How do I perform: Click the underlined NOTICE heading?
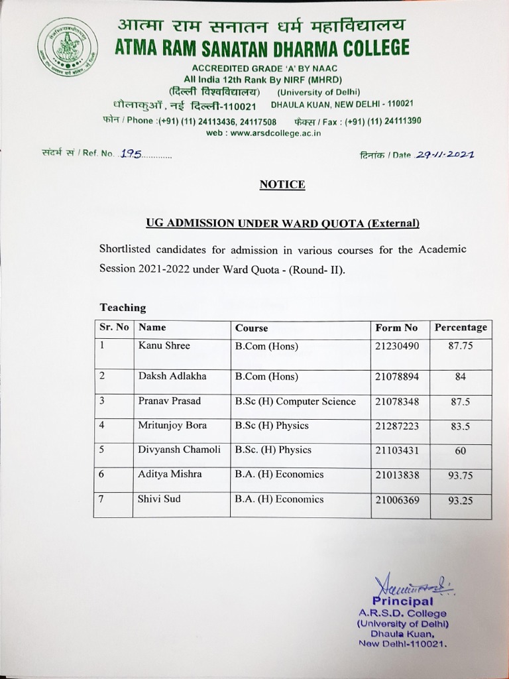(282, 184)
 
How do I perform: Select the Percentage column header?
(460, 328)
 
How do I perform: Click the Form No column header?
(396, 328)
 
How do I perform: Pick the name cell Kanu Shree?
(164, 345)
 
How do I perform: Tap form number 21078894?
(397, 376)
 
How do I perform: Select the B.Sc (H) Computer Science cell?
(295, 401)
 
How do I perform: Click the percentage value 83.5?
(460, 427)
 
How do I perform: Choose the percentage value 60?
(460, 451)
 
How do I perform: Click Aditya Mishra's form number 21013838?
(397, 475)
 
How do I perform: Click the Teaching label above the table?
(123, 308)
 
